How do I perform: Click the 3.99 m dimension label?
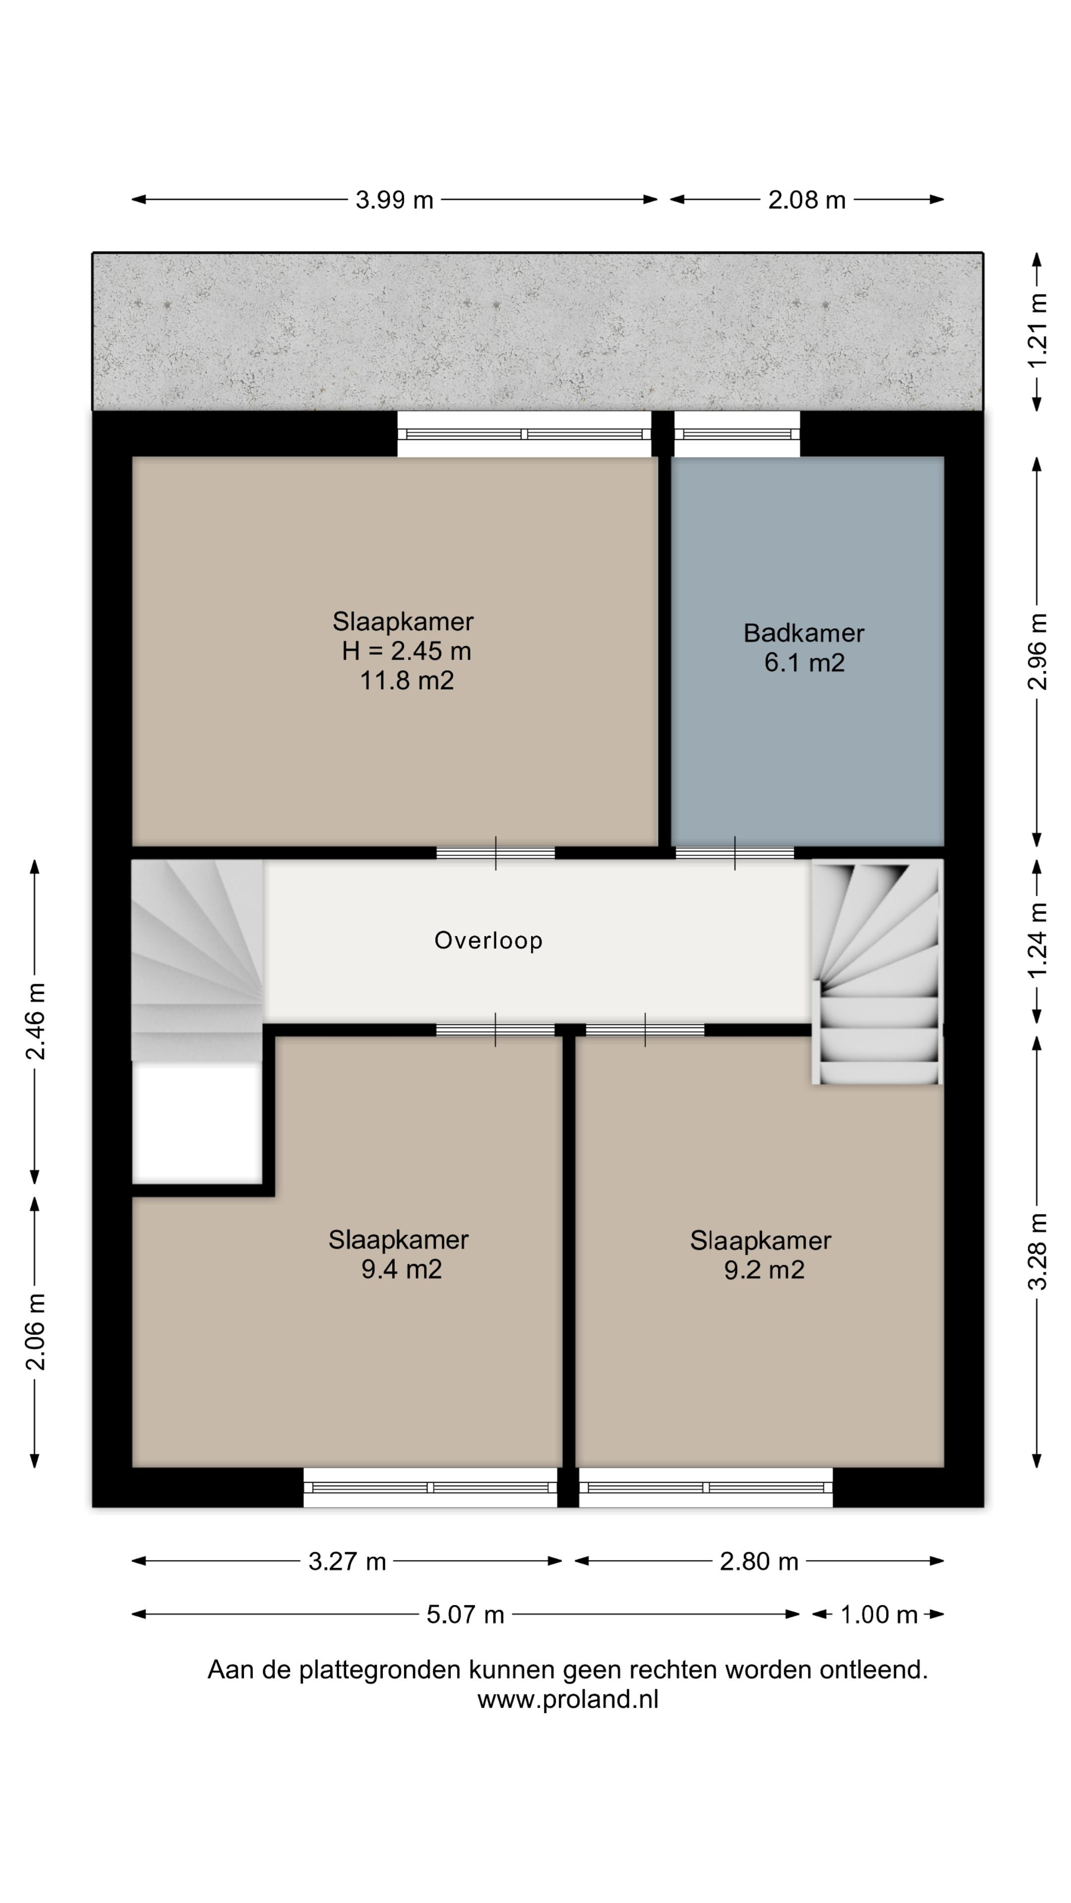(394, 199)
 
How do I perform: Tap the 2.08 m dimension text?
(806, 199)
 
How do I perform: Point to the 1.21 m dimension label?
(1038, 331)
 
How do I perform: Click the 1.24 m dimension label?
(1038, 941)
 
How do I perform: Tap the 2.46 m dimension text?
(35, 1021)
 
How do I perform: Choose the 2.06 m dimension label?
(35, 1331)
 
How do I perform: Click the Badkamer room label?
(803, 633)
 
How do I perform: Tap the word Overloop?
(488, 941)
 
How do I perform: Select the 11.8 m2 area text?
(407, 680)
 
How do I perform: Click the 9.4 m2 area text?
(401, 1269)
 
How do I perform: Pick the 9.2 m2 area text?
(764, 1270)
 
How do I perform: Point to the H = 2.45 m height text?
(407, 651)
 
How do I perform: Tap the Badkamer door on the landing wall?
(735, 852)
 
